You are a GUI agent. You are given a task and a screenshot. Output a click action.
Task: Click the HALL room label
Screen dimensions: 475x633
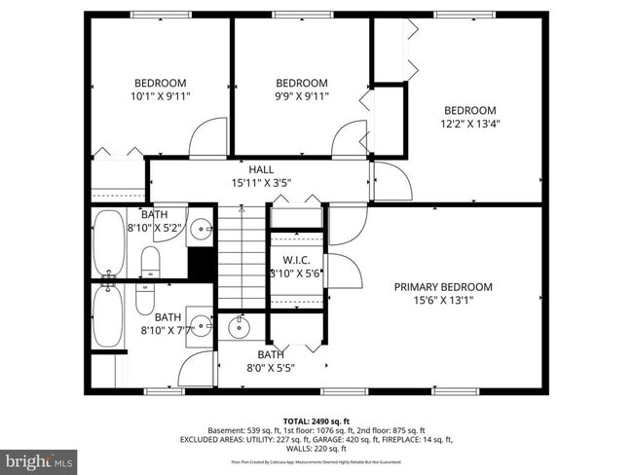(x=260, y=169)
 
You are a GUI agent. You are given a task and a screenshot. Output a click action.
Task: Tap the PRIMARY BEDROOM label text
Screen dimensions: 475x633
(x=443, y=287)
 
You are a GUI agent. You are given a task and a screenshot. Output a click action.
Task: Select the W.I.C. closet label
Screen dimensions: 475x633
(x=296, y=261)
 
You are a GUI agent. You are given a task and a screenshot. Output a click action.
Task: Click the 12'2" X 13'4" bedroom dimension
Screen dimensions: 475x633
(x=470, y=124)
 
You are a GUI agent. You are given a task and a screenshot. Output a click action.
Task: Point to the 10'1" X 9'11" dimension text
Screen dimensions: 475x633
(x=160, y=96)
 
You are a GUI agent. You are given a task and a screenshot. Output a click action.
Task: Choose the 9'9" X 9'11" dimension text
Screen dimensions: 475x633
(x=301, y=96)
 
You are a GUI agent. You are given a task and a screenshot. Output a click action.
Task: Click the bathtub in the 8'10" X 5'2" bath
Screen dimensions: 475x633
(x=108, y=242)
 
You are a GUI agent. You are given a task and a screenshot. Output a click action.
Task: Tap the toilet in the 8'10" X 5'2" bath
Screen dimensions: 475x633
(x=150, y=260)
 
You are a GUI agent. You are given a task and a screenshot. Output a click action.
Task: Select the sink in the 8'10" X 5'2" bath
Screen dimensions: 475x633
(x=200, y=231)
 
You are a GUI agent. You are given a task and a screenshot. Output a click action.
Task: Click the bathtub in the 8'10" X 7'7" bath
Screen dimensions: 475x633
(x=106, y=314)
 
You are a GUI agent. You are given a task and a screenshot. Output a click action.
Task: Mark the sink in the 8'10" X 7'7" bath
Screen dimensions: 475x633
(x=200, y=325)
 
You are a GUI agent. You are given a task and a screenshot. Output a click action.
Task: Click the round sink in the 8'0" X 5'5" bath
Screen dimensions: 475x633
(x=240, y=328)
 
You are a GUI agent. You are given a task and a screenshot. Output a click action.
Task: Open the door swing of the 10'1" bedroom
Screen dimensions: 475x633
(x=207, y=138)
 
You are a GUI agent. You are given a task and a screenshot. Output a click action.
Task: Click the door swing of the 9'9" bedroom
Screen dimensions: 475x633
(x=349, y=139)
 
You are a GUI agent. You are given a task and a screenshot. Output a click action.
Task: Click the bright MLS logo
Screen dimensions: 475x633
(x=39, y=458)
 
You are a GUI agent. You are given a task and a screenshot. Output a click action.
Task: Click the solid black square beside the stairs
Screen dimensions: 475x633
(x=201, y=264)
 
